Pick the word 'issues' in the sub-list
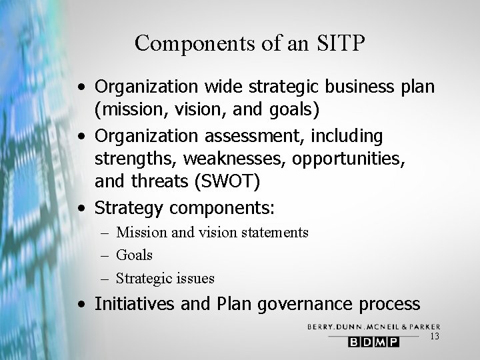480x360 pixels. [x=195, y=278]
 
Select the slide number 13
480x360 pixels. [x=435, y=337]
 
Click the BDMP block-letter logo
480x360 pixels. [x=373, y=341]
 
